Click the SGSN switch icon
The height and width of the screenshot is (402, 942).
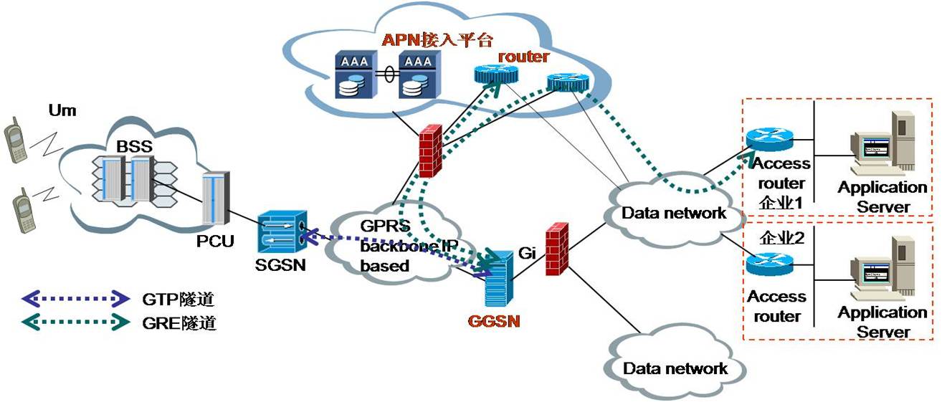[282, 231]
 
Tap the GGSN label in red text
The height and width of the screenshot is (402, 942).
[494, 322]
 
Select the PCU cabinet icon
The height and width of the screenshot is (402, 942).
[216, 198]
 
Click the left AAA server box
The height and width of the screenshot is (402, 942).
[356, 75]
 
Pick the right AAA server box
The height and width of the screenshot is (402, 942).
[419, 75]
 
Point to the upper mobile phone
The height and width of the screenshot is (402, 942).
[16, 140]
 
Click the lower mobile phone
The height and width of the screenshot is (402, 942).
[23, 210]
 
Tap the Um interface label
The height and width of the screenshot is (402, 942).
[62, 110]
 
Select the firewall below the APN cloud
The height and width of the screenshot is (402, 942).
[431, 150]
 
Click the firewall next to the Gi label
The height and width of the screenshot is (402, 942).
[557, 249]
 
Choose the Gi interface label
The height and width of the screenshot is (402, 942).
[527, 253]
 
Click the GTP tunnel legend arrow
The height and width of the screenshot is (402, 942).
[76, 299]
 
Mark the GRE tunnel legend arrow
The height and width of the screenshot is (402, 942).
[76, 322]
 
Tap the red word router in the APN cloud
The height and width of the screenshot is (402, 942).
[523, 57]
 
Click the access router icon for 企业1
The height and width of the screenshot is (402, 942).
[769, 140]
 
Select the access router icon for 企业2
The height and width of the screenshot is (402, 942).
[769, 264]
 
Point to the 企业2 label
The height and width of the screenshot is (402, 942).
[782, 238]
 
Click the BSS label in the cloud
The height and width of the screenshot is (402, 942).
[134, 146]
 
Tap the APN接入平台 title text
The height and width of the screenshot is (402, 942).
[437, 40]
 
